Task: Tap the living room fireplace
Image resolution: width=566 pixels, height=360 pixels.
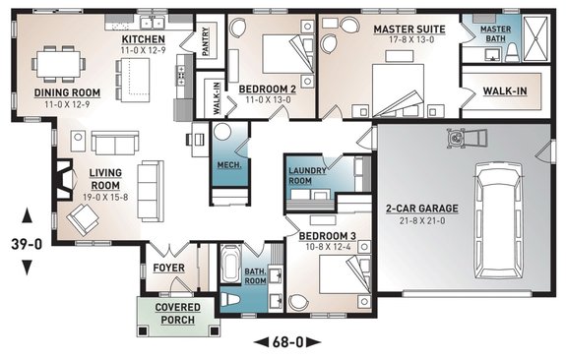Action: (x=59, y=183)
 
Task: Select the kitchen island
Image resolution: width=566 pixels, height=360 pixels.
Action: (x=131, y=74)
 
